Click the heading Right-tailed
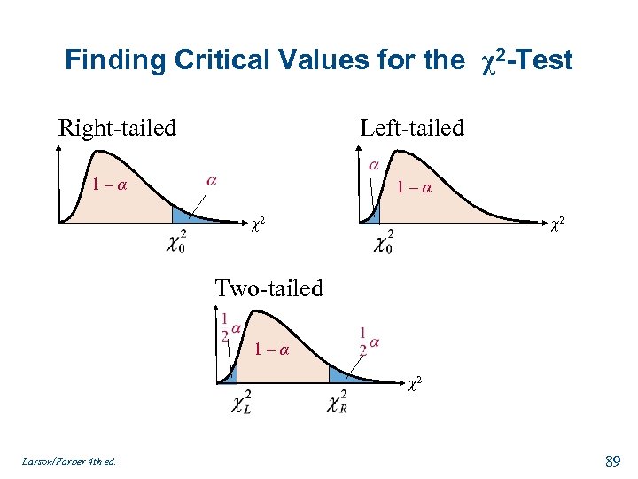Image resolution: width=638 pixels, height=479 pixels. point(117,128)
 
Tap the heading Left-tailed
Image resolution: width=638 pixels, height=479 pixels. point(411,128)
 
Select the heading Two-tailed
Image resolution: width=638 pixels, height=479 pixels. point(269,287)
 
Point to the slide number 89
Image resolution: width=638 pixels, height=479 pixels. point(611,460)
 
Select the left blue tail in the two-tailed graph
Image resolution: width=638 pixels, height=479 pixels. point(230,373)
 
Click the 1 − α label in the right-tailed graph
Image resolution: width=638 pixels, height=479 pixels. point(109,185)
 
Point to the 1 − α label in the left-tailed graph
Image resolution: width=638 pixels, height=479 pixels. point(414,187)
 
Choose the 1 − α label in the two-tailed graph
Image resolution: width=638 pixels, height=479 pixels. point(271,349)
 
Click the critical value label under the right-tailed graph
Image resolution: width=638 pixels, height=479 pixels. point(176,241)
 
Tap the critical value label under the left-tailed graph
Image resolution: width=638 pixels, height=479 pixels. point(383,241)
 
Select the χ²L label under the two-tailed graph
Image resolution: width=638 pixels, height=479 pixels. point(241,403)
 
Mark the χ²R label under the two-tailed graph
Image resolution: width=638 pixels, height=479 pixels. point(337,403)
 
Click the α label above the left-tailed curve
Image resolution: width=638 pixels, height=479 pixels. point(374,165)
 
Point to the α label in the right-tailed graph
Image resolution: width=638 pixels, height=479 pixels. point(212,180)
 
